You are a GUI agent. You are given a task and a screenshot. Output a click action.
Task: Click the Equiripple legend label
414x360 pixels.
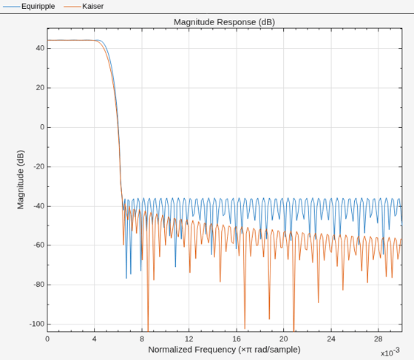(38, 7)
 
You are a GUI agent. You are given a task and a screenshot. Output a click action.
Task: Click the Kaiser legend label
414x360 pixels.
(93, 7)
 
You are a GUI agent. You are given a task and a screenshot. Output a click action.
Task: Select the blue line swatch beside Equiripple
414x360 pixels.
(11, 7)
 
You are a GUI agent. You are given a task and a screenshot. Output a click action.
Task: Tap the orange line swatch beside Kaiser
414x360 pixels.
(72, 7)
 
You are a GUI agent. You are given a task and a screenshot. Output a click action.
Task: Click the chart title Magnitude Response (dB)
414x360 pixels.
(225, 22)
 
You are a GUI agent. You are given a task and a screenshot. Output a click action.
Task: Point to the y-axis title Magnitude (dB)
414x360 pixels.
(21, 180)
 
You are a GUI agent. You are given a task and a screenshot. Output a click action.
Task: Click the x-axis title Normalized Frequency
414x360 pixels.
(225, 350)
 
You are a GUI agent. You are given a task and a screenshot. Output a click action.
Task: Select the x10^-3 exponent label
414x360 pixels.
(390, 352)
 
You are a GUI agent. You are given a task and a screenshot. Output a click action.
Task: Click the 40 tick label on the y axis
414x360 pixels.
(41, 48)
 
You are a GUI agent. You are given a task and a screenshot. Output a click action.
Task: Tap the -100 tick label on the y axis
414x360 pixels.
(37, 324)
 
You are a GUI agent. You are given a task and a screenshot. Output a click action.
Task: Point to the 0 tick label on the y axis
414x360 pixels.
(42, 127)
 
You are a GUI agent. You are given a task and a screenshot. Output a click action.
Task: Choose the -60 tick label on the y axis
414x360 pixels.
(38, 245)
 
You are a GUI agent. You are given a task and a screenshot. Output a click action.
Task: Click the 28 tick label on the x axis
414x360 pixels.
(378, 339)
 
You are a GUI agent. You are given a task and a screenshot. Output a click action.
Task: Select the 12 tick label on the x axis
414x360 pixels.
(189, 339)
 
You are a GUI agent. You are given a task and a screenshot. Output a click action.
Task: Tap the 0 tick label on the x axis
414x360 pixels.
(47, 339)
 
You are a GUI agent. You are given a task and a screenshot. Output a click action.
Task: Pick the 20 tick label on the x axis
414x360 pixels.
(284, 339)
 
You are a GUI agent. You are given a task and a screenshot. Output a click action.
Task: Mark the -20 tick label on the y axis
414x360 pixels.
(38, 166)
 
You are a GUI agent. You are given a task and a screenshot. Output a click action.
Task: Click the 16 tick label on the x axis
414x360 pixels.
(237, 339)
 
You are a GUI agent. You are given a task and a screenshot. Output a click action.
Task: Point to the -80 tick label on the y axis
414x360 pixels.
(38, 285)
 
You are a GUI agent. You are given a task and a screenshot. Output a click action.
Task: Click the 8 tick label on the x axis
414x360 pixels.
(142, 339)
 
